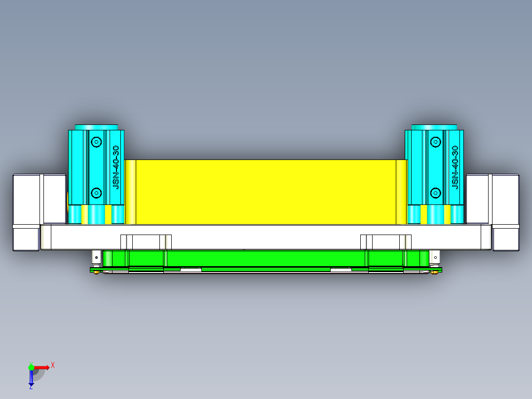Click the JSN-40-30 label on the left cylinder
point(116,167)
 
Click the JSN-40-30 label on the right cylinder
point(455,167)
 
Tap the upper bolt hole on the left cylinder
point(96,142)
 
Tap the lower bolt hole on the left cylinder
point(96,192)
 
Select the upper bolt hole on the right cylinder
point(435,142)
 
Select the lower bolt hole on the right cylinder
point(435,192)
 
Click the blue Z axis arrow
point(31,378)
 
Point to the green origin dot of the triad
point(31,367)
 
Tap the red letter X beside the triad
point(52,365)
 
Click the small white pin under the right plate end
point(435,257)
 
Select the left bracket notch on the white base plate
point(146,242)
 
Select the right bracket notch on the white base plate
point(386,242)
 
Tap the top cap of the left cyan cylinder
point(96,127)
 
